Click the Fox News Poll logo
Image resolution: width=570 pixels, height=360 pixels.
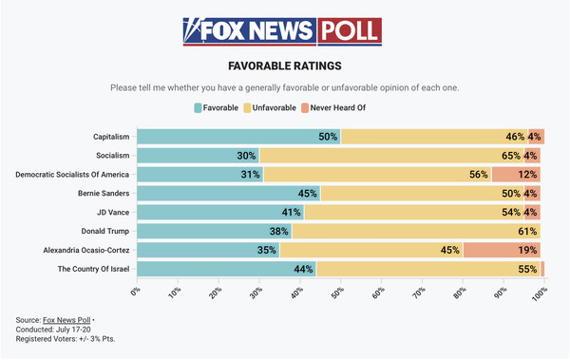coord(282,31)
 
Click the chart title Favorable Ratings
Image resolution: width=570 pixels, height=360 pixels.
coord(285,66)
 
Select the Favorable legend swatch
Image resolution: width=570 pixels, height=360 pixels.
coord(198,108)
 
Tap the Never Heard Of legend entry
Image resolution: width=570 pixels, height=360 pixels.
coord(333,108)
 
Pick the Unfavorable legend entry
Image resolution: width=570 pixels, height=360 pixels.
coord(270,108)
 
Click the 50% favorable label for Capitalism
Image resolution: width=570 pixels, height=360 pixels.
coord(328,137)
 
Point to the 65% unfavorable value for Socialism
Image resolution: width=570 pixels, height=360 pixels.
coord(511,156)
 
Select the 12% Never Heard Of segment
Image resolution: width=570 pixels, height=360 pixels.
coord(516,175)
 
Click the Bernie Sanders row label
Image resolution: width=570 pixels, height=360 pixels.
coord(104,193)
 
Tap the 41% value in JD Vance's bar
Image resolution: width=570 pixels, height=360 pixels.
coord(292,212)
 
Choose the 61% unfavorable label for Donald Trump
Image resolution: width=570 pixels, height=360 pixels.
coord(527,231)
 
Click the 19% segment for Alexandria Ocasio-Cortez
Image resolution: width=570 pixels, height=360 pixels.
coord(502,250)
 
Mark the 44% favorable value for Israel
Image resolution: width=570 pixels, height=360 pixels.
coord(303,269)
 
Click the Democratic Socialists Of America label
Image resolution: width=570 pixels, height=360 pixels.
coord(72,175)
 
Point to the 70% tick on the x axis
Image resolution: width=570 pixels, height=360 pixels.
coord(419,292)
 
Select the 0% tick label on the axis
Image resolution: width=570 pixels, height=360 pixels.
coord(136,292)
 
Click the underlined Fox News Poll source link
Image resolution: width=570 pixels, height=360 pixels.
coord(66,320)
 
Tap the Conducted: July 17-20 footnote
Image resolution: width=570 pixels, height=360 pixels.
coord(53,330)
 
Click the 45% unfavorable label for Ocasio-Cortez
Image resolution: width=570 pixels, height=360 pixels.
coord(450,250)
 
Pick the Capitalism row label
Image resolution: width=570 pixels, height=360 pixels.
coord(111,137)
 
